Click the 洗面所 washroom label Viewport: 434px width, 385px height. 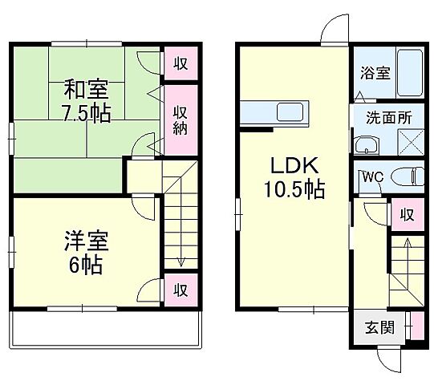point(389,118)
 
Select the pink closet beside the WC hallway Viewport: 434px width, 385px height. point(407,215)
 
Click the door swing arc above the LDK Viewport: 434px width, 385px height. point(333,30)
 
